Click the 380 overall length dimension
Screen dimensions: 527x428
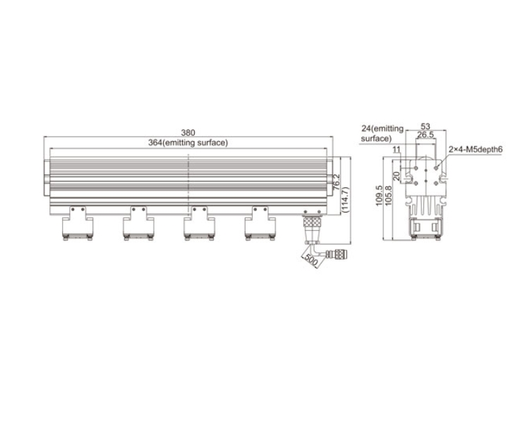pos(188,133)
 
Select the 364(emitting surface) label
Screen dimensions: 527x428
pos(188,143)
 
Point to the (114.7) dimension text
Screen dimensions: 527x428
pos(346,200)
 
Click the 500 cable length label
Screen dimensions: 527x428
pos(311,261)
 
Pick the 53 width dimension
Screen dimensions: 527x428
pos(425,126)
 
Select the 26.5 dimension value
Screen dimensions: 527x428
pos(425,135)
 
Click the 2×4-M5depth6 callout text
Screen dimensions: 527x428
pos(475,150)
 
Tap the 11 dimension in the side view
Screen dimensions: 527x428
pos(396,150)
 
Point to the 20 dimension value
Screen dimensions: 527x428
pos(396,176)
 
